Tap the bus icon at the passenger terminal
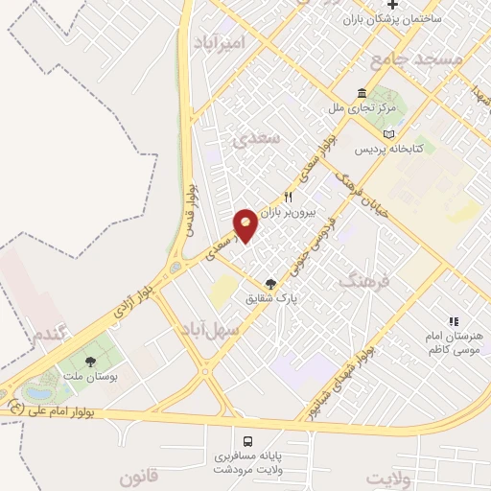pyautogui.click(x=248, y=442)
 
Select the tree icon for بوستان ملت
pyautogui.click(x=90, y=362)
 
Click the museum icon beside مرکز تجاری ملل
pyautogui.click(x=361, y=93)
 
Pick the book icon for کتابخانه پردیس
pyautogui.click(x=388, y=134)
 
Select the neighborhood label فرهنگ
pyautogui.click(x=365, y=280)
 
